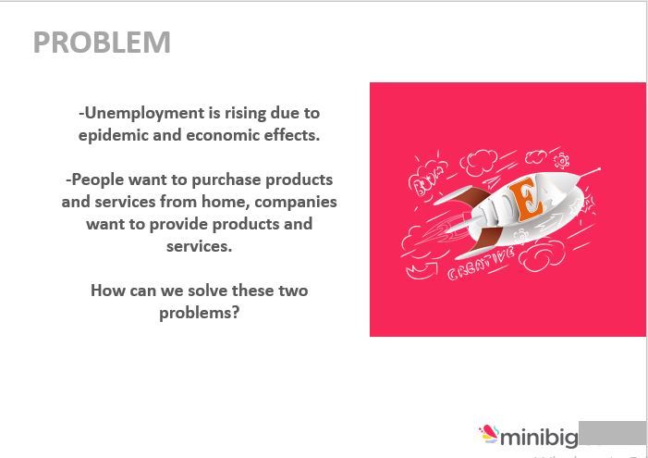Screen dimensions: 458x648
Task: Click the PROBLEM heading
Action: (x=102, y=43)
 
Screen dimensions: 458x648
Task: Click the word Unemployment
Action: (x=141, y=113)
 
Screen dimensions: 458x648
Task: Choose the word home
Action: (x=224, y=202)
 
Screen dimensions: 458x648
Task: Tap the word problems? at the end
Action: (x=199, y=313)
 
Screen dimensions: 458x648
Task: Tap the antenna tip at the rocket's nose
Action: (x=599, y=169)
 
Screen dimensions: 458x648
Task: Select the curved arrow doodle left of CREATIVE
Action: (x=421, y=269)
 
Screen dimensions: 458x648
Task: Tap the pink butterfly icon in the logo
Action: (x=488, y=433)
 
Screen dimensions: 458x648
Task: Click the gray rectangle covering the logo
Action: (x=612, y=432)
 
